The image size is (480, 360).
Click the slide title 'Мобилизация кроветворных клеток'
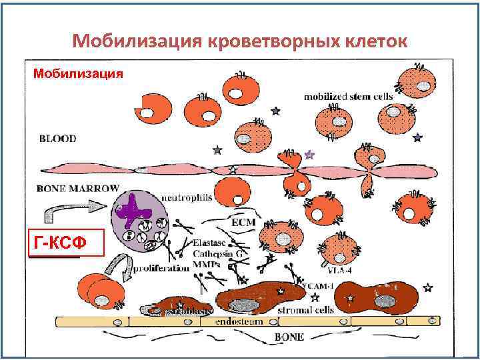(x=239, y=41)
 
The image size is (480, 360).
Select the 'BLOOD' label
(x=57, y=139)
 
